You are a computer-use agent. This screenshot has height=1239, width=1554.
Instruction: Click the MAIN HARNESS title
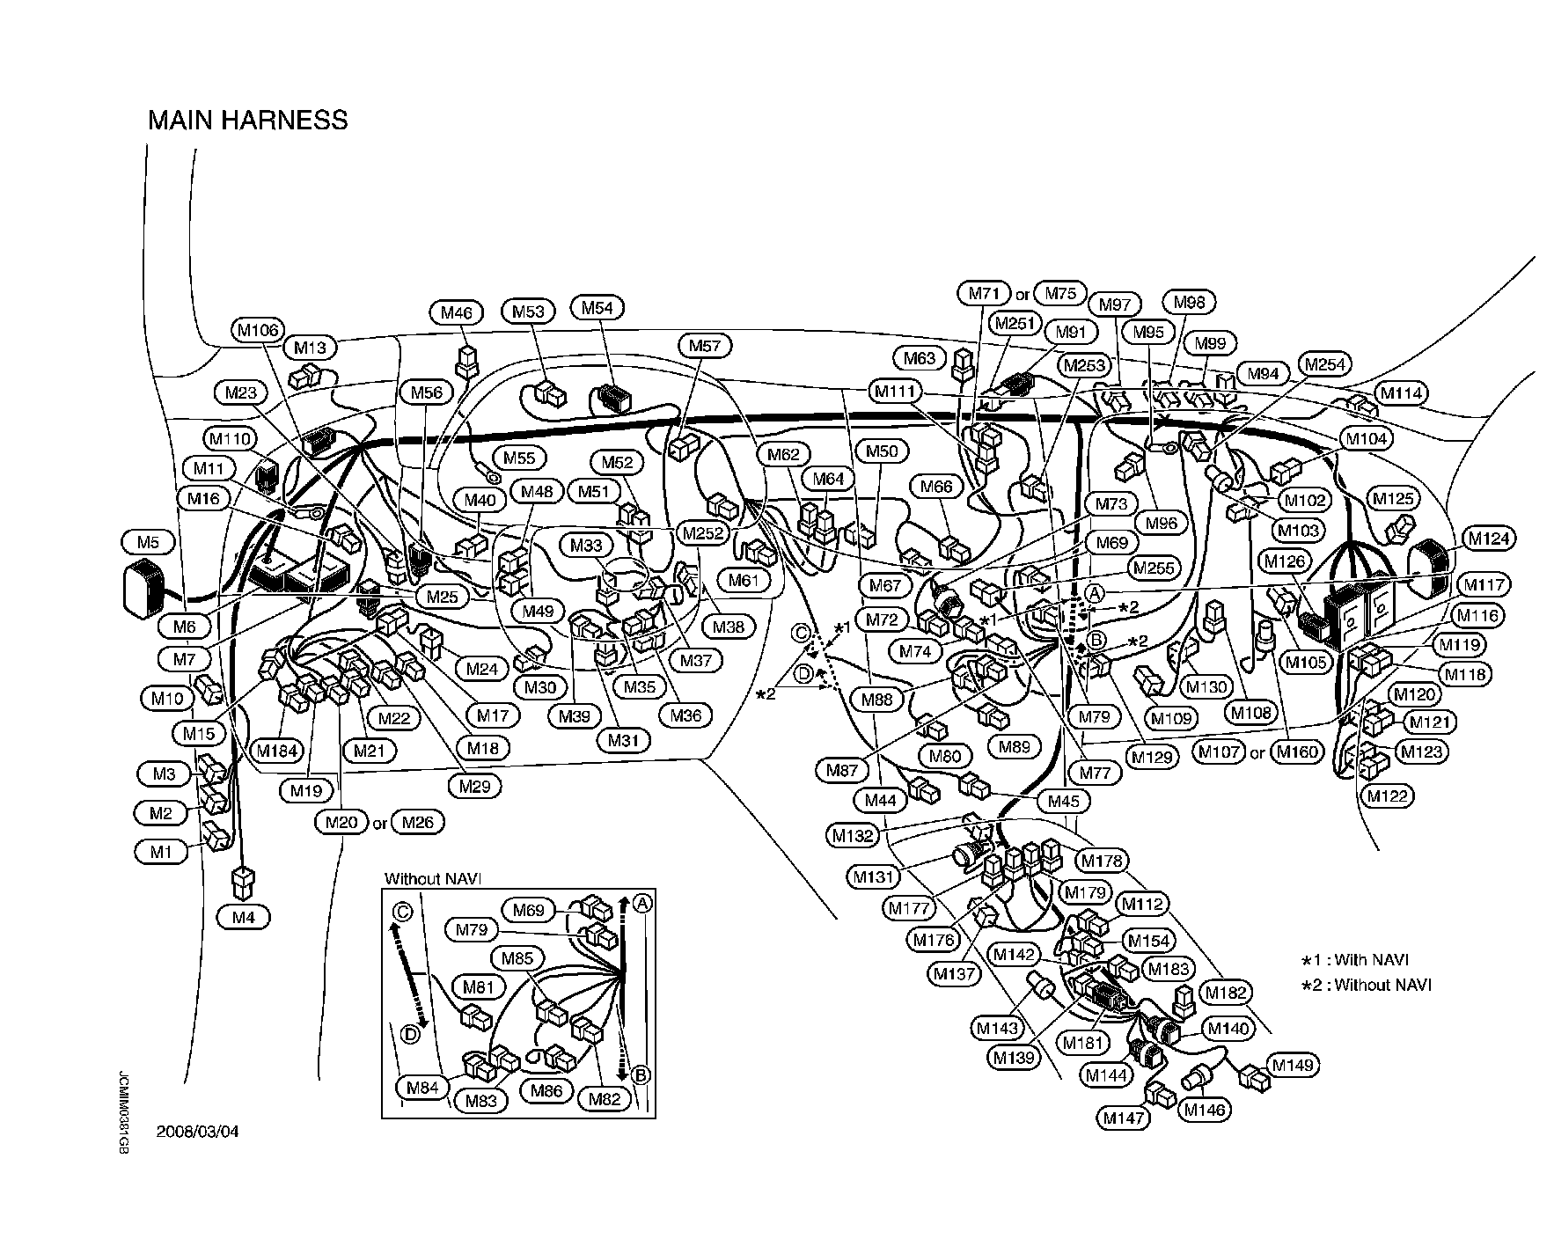coord(247,120)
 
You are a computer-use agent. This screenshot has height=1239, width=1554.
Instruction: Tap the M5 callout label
coord(148,541)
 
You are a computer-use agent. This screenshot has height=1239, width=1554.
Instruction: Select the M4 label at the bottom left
coord(243,917)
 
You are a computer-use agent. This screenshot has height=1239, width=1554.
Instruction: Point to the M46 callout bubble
coord(457,312)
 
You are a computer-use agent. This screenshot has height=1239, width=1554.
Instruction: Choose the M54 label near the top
coord(597,307)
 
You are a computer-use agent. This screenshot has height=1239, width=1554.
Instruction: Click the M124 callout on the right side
coord(1487,538)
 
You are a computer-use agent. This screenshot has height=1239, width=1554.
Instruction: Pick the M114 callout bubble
coord(1401,393)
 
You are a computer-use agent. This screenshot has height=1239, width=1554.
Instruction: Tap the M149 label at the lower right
coord(1293,1066)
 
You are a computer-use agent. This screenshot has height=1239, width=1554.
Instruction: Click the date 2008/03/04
coord(197,1132)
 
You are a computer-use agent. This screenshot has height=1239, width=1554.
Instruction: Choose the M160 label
coord(1297,751)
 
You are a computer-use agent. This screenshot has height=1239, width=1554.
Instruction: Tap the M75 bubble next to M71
coord(1061,293)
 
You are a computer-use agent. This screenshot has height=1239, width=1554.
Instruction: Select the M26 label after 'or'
coord(417,822)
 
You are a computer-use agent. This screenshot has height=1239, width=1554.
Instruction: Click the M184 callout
coord(276,751)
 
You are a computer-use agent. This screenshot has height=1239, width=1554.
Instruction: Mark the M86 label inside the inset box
coord(547,1090)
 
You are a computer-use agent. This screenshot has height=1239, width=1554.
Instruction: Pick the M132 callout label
coord(852,836)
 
